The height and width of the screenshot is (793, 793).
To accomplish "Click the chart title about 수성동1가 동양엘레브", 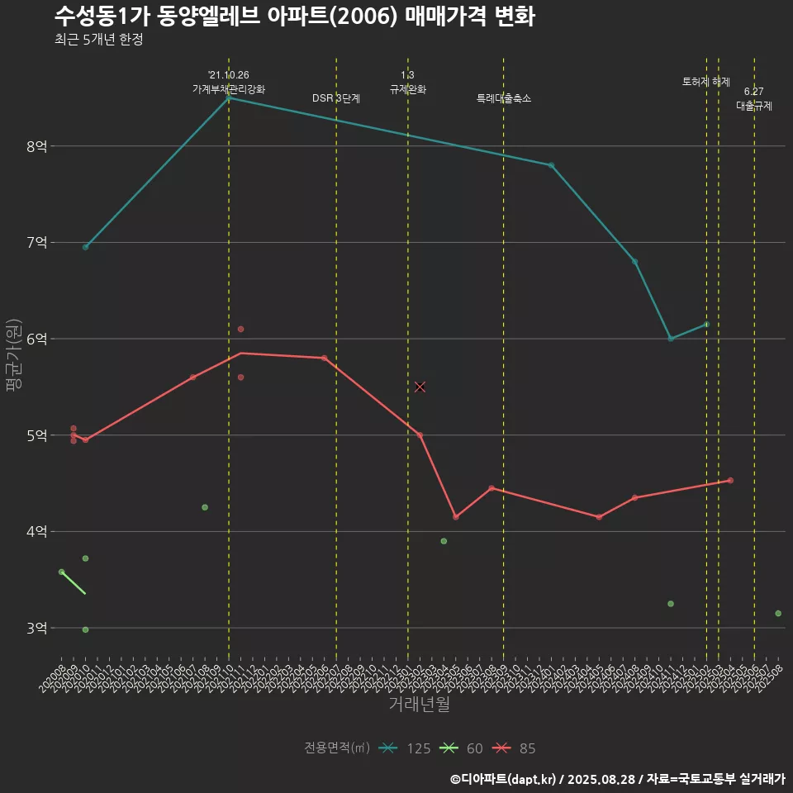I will (294, 17).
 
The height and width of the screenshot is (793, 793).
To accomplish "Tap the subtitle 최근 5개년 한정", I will (99, 40).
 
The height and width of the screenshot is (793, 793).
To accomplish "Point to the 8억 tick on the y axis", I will (36, 147).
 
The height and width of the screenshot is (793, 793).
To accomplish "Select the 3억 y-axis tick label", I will (36, 629).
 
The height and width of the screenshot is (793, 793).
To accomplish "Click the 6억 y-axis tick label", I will (36, 340).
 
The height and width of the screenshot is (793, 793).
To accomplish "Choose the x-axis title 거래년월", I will (419, 705).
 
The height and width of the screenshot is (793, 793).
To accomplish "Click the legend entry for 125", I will (405, 748).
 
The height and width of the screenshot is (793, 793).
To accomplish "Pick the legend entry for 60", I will (462, 748).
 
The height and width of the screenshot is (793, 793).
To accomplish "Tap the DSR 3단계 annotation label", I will (336, 98).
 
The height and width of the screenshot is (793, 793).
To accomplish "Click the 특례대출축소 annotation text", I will (504, 98).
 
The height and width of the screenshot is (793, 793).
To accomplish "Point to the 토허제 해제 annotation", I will (706, 82).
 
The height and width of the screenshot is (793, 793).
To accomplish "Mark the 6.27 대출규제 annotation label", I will (753, 98).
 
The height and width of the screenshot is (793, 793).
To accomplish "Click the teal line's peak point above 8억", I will (229, 98).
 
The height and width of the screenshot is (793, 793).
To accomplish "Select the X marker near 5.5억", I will (420, 387).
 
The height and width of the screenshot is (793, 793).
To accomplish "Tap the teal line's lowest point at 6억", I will (671, 339).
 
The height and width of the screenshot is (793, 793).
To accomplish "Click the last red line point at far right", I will (730, 480).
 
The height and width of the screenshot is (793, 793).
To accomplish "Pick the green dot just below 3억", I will (85, 629).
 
